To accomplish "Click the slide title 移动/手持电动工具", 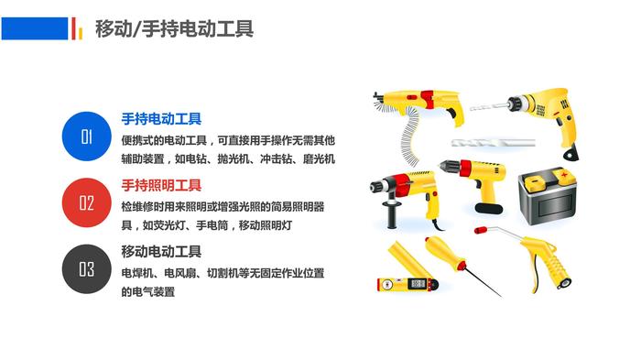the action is [174, 28].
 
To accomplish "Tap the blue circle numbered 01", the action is [87, 136].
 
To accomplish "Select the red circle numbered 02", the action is [87, 203].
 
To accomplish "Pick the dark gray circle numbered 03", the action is [87, 269].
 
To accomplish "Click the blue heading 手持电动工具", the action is [161, 119].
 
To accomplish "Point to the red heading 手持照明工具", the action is [161, 185].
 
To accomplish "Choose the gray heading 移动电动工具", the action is [161, 252].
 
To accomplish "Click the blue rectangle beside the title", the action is [35, 28].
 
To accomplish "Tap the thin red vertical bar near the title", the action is [73, 28].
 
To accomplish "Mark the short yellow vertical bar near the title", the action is [81, 33].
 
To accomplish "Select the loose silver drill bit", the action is [494, 143].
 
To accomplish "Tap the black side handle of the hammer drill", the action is [391, 214].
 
